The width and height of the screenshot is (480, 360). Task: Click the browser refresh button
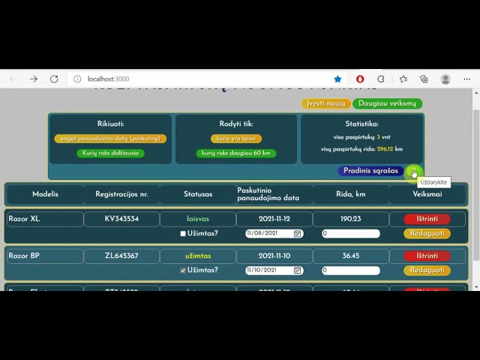click(x=54, y=79)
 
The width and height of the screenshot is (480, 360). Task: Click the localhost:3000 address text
click(x=108, y=79)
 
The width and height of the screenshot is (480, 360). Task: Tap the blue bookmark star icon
click(x=337, y=79)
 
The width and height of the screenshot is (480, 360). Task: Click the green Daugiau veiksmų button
click(x=387, y=103)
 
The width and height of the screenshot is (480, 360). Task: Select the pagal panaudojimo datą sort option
click(x=110, y=139)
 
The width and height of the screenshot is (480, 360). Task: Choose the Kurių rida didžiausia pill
click(x=110, y=154)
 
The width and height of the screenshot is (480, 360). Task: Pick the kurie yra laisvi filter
click(x=235, y=139)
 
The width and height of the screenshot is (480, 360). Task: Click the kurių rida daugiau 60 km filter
click(x=235, y=154)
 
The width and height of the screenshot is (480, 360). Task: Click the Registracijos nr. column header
click(x=121, y=194)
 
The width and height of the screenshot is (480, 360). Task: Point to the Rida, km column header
click(x=351, y=194)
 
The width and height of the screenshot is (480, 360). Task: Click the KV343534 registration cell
click(x=121, y=219)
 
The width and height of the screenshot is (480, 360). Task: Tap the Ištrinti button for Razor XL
click(x=427, y=219)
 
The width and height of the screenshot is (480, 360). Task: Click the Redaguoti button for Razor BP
click(x=427, y=270)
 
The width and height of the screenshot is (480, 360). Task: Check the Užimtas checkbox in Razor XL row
click(x=183, y=234)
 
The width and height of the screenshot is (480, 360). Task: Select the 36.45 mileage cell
click(x=351, y=256)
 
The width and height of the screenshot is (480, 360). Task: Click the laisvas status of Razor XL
click(x=198, y=219)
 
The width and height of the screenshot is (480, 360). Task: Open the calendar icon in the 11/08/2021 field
click(x=298, y=234)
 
